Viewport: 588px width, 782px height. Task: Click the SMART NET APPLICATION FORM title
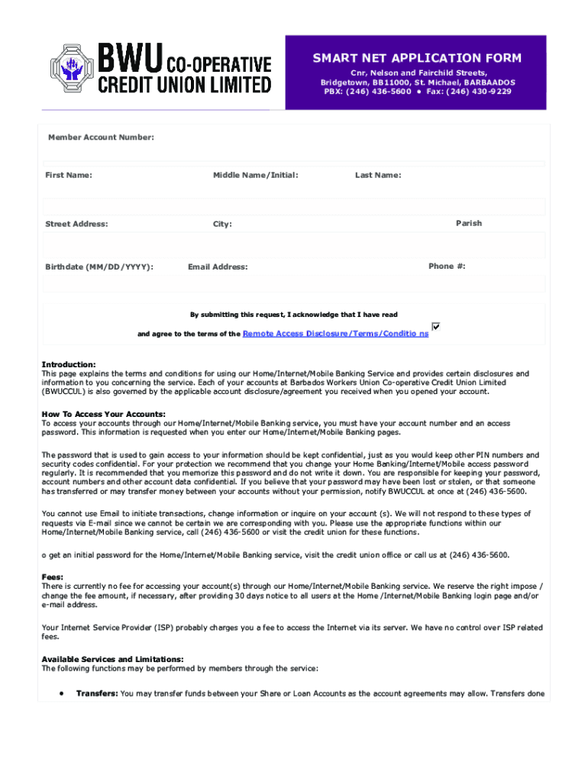coord(416,58)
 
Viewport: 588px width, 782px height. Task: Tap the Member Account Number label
coord(101,137)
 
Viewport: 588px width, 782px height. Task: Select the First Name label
coord(69,176)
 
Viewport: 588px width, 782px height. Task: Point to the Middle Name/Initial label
coord(255,176)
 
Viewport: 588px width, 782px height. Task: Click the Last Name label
coord(377,176)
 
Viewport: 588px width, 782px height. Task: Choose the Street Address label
coord(76,225)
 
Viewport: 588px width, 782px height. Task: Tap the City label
coord(222,225)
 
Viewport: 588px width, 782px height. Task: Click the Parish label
coord(469,224)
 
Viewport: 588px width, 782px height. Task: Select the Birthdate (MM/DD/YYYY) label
coord(99,267)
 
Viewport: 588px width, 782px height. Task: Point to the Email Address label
coord(218,267)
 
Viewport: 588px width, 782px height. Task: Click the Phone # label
coord(447,267)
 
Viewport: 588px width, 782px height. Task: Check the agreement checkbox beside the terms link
coord(436,326)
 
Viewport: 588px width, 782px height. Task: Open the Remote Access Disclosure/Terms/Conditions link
coord(335,334)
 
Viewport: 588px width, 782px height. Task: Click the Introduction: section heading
coord(69,365)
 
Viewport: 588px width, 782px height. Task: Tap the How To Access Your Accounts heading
coord(103,414)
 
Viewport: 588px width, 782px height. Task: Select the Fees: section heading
coord(53,577)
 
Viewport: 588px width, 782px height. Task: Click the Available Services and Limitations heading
coord(112,659)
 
